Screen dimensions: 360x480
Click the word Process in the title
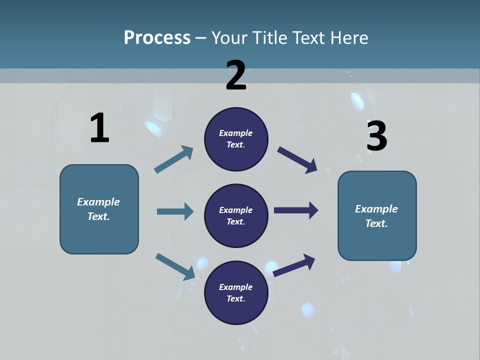157,37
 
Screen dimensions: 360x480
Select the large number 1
99,128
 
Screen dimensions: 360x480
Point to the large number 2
236,75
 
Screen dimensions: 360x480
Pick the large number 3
376,136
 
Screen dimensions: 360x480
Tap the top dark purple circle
236,139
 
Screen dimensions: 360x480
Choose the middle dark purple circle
236,215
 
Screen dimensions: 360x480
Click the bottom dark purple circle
236,292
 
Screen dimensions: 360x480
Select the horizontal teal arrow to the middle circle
175,211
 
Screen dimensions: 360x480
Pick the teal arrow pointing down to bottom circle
175,266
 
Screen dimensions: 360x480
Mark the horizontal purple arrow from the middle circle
296,210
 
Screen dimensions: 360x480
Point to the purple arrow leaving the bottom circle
294,265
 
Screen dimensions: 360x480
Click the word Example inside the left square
98,202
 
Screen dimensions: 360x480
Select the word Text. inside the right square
376,223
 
